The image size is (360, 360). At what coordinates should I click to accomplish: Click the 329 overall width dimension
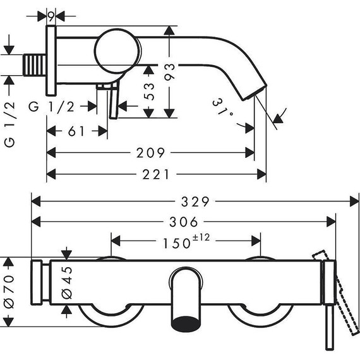[x=195, y=202]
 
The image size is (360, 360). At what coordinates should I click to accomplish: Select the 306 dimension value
[x=184, y=222]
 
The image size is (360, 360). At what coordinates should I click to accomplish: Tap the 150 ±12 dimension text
[x=186, y=241]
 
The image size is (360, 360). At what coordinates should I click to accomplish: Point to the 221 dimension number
[x=156, y=174]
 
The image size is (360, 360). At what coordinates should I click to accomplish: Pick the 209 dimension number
[x=150, y=153]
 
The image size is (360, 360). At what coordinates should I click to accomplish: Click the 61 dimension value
[x=76, y=131]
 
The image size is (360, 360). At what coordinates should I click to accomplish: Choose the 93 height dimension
[x=170, y=72]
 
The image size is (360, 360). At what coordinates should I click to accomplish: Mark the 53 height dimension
[x=149, y=92]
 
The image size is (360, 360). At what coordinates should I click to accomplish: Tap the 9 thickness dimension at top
[x=51, y=16]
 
